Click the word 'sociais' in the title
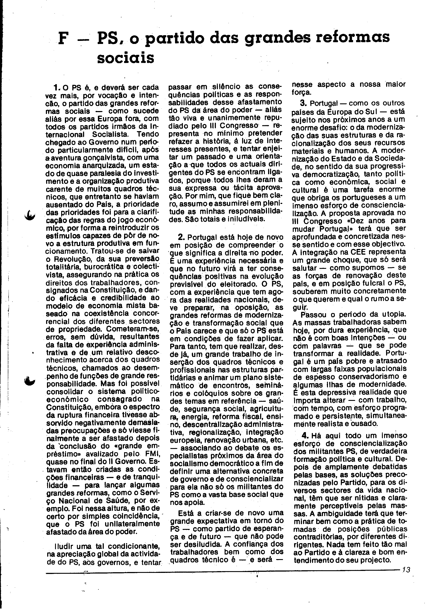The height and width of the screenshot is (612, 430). tap(125, 58)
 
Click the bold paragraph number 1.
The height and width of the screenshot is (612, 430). tap(56, 87)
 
